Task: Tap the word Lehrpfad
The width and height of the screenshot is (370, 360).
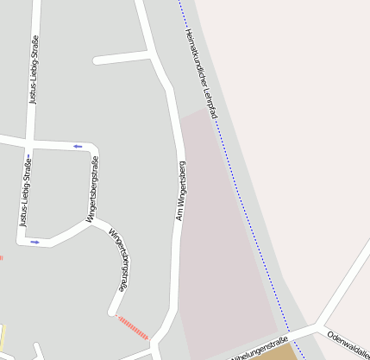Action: [x=210, y=101]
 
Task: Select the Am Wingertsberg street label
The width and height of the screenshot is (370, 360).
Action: [x=180, y=190]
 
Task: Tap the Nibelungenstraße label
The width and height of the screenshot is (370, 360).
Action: [x=258, y=348]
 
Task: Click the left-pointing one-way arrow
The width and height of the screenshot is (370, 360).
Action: [x=77, y=146]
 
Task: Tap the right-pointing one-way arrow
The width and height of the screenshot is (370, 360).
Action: [x=35, y=242]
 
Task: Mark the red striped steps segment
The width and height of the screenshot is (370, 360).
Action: [x=133, y=327]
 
